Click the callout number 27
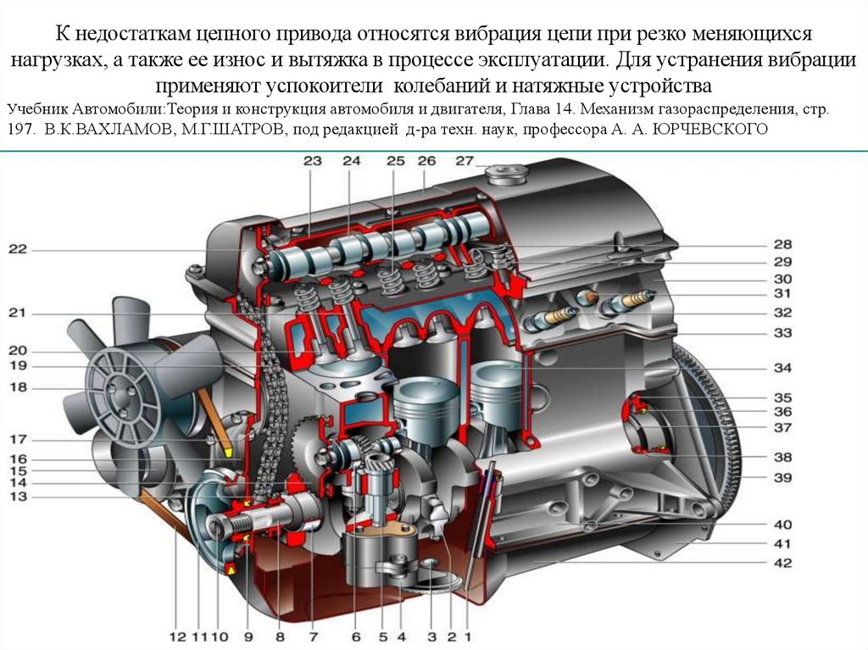465,160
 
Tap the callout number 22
17,249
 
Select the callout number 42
782,563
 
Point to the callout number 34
782,368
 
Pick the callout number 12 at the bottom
178,636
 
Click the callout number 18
18,387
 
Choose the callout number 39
782,477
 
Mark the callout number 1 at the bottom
468,636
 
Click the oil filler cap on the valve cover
507,175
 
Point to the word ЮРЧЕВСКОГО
710,130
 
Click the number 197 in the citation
21,130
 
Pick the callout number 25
396,160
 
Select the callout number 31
782,293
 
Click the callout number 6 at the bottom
356,636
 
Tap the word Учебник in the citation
37,109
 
